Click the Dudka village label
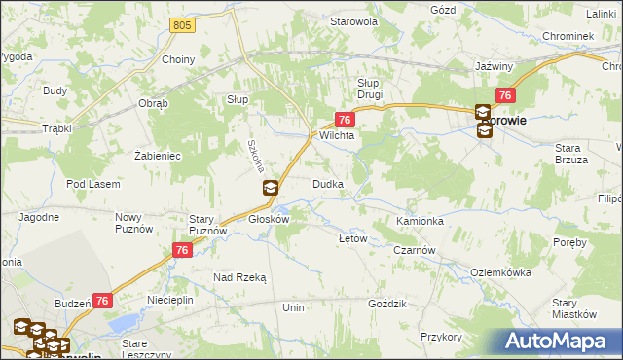[327, 184]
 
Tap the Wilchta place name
[336, 137]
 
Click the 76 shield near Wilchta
[344, 119]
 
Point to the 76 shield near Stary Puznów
[181, 250]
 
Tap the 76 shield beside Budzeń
[102, 303]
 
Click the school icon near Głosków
[272, 188]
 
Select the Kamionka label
[421, 222]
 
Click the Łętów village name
[350, 238]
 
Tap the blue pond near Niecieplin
[123, 323]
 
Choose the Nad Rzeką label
[239, 277]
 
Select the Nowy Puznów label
[129, 222]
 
